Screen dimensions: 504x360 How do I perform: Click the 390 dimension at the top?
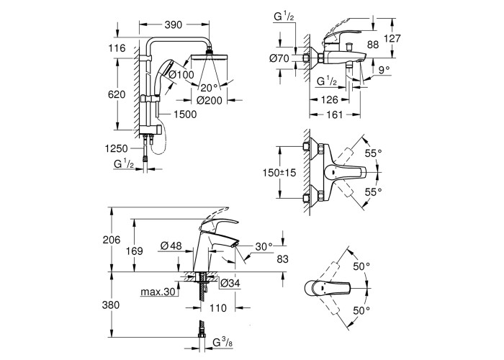coord(174,24)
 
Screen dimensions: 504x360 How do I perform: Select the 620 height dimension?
coord(117,94)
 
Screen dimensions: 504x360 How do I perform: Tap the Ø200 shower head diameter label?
coord(210,101)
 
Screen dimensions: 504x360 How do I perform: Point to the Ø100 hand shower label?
coord(181,75)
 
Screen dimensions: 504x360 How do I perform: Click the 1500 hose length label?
coord(185,114)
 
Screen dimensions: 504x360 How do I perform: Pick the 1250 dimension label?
coord(117,148)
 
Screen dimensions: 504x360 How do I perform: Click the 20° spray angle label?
coord(210,88)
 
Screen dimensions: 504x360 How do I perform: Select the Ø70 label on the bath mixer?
coord(279,58)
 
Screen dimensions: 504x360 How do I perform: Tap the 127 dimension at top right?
coord(392,38)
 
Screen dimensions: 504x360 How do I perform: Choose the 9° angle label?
coord(384,70)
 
